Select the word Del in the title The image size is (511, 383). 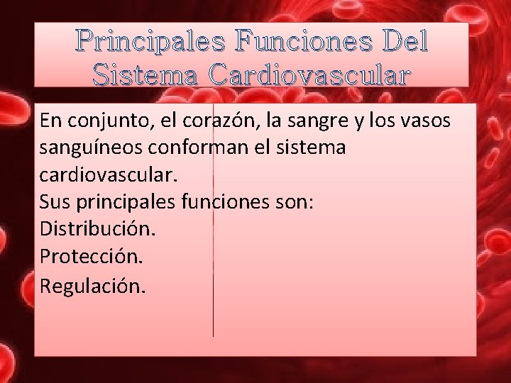[x=405, y=43]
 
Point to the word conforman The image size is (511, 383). [x=211, y=148]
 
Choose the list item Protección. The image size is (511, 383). [x=92, y=258]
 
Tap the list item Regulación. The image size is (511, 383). [x=93, y=286]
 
